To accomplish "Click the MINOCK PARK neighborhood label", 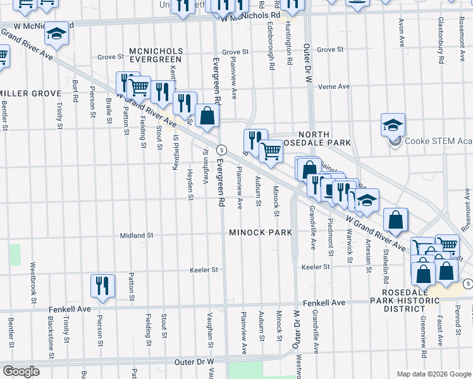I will click(261, 232).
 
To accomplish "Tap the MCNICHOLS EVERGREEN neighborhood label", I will click(156, 55).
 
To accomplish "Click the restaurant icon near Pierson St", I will click(102, 286).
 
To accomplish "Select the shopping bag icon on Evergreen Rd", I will click(207, 116).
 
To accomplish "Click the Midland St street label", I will click(137, 235).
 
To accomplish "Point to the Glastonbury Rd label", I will click(441, 35).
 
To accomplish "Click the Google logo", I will click(21, 371).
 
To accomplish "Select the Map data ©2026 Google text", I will click(433, 374).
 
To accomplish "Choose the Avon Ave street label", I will click(401, 32).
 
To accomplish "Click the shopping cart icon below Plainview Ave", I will click(271, 152).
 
